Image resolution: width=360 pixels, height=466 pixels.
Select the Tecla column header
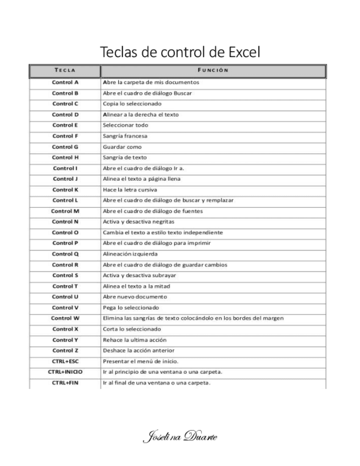point(65,70)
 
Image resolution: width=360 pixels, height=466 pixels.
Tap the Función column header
point(213,70)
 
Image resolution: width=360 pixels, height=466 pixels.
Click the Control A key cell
point(65,82)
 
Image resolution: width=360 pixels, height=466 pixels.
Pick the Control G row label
point(65,147)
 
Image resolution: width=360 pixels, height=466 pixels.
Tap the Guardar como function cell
point(122,147)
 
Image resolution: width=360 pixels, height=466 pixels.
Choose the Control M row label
point(65,211)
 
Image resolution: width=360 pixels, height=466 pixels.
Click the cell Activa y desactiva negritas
point(139,222)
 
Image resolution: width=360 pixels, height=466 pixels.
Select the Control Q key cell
point(65,254)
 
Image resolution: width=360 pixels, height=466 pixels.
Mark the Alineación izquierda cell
point(130,254)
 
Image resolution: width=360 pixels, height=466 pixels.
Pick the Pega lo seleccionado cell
point(128,308)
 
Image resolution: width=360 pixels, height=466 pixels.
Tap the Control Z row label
point(65,351)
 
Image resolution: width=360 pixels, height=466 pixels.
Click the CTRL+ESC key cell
point(65,362)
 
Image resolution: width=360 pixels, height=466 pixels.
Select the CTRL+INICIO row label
point(65,372)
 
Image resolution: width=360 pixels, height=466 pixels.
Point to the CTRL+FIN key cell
point(65,383)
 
